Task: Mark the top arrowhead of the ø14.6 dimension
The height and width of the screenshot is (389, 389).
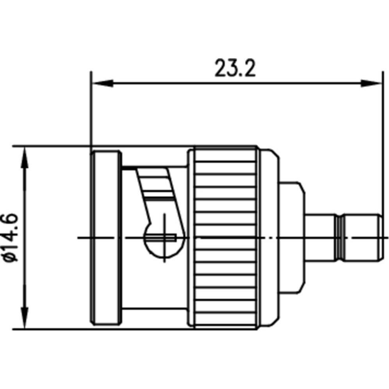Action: [x=25, y=156]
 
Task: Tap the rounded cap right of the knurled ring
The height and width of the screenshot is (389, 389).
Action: [x=269, y=237]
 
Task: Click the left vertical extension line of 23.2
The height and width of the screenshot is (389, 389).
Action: [x=91, y=109]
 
